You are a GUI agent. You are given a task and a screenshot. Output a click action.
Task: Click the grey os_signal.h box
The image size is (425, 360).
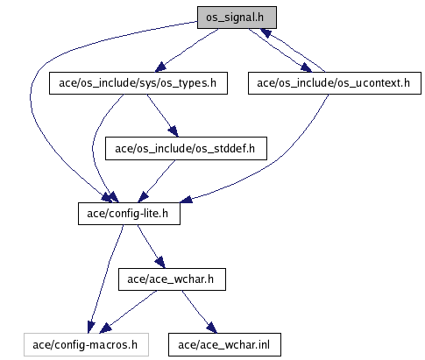(x=237, y=18)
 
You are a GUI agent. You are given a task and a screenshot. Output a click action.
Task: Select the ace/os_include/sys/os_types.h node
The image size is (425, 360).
(x=138, y=83)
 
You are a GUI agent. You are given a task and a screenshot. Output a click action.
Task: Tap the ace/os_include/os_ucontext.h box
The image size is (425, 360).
(x=335, y=83)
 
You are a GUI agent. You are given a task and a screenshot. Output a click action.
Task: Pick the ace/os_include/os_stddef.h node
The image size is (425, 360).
(x=186, y=149)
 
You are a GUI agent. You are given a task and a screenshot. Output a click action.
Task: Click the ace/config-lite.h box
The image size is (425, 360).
(x=129, y=214)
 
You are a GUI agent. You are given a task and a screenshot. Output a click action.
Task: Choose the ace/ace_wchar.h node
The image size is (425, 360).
(x=172, y=279)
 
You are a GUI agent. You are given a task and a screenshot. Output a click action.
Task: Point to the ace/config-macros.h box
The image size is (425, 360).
(x=86, y=344)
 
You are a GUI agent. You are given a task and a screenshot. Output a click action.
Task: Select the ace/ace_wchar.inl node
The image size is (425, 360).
(x=224, y=344)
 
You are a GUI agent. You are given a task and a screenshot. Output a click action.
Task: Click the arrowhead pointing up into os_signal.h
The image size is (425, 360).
(x=266, y=32)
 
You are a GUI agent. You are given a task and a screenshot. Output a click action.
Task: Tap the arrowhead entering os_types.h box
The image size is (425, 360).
(x=161, y=67)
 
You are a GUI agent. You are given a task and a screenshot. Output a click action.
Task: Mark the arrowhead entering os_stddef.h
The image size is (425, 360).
(x=174, y=131)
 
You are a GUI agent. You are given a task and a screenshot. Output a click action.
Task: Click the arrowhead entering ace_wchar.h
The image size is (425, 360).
(x=159, y=262)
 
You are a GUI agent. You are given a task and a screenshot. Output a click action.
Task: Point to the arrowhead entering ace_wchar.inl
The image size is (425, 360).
(x=212, y=328)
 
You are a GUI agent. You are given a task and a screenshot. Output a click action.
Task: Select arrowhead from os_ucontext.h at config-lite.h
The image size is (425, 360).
(x=186, y=199)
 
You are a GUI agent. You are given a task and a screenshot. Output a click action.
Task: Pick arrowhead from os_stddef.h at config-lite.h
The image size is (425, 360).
(x=143, y=197)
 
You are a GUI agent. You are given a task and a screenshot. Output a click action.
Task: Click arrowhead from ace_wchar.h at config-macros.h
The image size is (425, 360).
(x=105, y=328)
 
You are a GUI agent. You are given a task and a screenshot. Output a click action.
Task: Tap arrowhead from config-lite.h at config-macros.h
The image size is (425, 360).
(x=91, y=328)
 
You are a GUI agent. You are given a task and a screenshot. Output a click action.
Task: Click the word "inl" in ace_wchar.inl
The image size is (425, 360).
(x=264, y=344)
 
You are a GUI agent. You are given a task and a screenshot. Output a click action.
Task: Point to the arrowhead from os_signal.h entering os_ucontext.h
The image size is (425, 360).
(x=306, y=67)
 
